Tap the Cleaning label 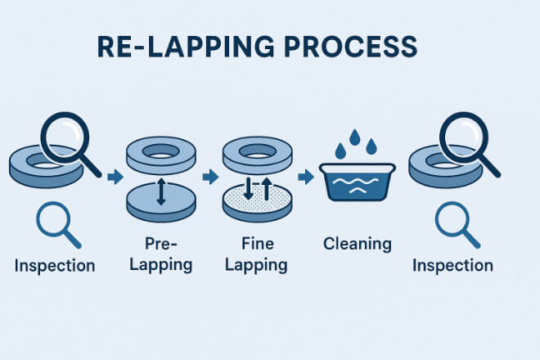(x=358, y=243)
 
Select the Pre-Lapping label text (x=160, y=254)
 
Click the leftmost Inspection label (x=54, y=266)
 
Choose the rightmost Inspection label (x=452, y=266)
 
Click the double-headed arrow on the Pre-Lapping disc (x=160, y=191)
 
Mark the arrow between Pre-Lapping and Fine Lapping (x=211, y=176)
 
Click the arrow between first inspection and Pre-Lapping (x=115, y=176)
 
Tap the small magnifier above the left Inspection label (x=56, y=222)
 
